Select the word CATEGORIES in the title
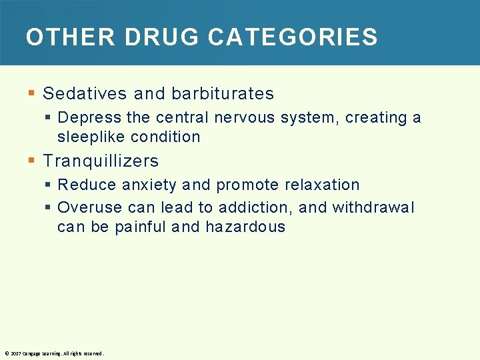[x=293, y=37]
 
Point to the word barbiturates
[x=223, y=93]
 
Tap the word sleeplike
[x=83, y=137]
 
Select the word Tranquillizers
[x=101, y=161]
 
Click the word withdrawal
[x=373, y=208]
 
